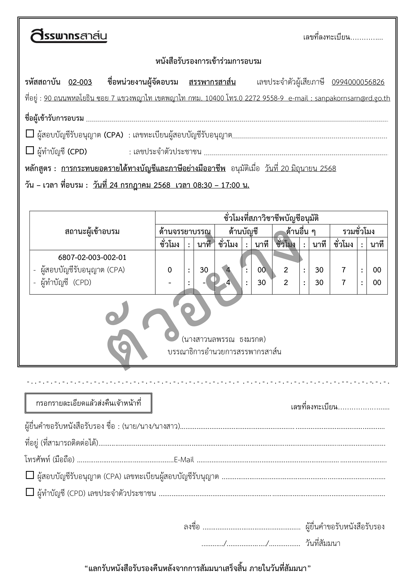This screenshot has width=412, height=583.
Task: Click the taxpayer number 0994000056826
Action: click(358, 82)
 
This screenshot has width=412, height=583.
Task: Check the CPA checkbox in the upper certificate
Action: click(30, 134)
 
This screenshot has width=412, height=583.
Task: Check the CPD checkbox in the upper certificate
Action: click(30, 150)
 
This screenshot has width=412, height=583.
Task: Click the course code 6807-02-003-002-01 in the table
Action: click(92, 257)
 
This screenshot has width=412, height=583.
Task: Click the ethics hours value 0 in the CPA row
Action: click(170, 270)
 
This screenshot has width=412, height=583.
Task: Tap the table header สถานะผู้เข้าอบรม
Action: click(92, 231)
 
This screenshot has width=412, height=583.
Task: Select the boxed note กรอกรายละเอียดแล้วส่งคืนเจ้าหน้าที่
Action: click(88, 403)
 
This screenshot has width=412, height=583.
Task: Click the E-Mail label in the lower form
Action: click(184, 460)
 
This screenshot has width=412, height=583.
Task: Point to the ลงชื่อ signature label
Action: click(191, 527)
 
